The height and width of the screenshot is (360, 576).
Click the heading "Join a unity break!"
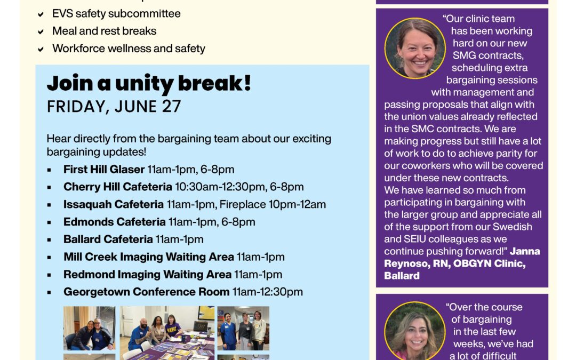[149, 84]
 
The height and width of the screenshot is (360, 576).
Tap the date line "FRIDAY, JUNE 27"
[114, 107]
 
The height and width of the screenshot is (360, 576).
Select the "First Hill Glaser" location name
[104, 170]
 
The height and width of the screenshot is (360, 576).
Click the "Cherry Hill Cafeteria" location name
[118, 187]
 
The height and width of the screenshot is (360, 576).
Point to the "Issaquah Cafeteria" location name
[114, 204]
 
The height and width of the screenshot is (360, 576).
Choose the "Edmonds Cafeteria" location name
[115, 222]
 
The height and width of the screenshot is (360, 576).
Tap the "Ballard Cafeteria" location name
[108, 239]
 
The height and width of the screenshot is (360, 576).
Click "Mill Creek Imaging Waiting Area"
[149, 257]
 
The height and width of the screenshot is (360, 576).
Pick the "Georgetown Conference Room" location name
[147, 292]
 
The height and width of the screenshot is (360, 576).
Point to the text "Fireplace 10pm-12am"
[273, 204]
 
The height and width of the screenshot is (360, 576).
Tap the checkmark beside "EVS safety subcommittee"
[41, 14]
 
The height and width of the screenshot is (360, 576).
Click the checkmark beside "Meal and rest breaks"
[41, 31]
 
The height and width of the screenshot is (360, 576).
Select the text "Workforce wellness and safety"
[129, 49]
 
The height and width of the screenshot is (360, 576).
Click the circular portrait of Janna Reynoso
[414, 48]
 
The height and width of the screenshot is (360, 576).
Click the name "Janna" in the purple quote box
[525, 251]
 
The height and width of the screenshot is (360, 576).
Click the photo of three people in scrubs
[243, 327]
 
